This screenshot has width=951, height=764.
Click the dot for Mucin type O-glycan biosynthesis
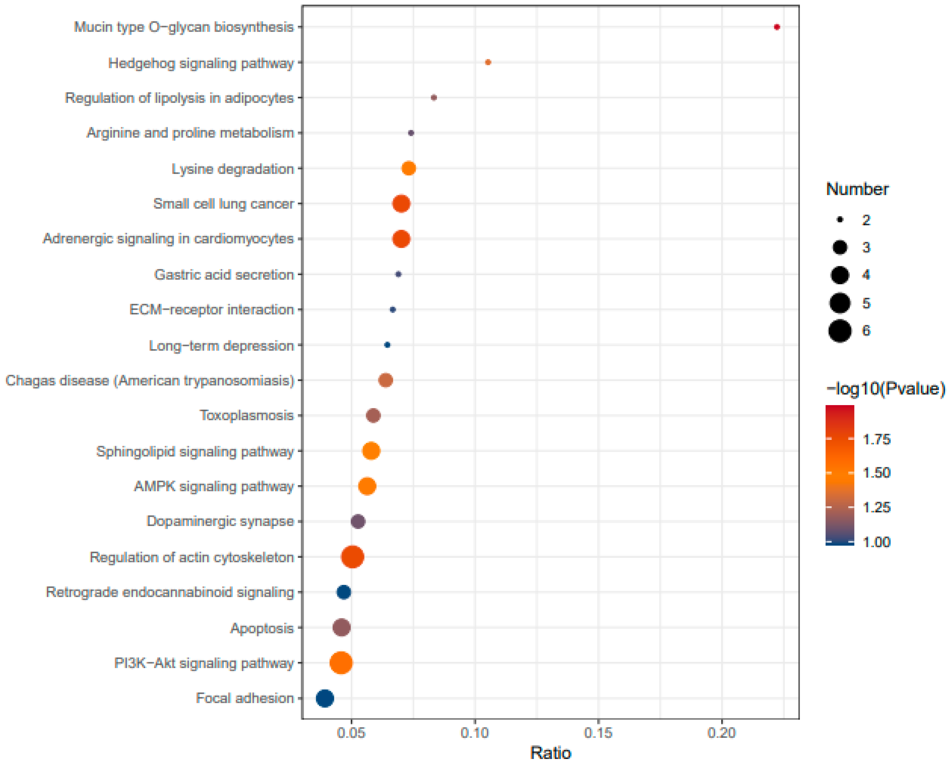point(777,27)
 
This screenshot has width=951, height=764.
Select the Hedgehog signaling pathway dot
point(488,62)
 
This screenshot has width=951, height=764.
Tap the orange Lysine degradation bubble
point(409,168)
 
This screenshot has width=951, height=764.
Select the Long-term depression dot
point(387,345)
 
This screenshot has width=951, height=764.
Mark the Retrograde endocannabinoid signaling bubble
point(344,592)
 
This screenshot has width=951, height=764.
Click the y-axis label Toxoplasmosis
point(247,415)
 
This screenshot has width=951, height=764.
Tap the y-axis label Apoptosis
point(262,628)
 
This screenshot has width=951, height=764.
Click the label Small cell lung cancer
point(223,204)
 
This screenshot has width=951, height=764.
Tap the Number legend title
point(857,189)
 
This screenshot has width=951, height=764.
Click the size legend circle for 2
point(840,219)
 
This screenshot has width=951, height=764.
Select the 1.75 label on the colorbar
point(876,439)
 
